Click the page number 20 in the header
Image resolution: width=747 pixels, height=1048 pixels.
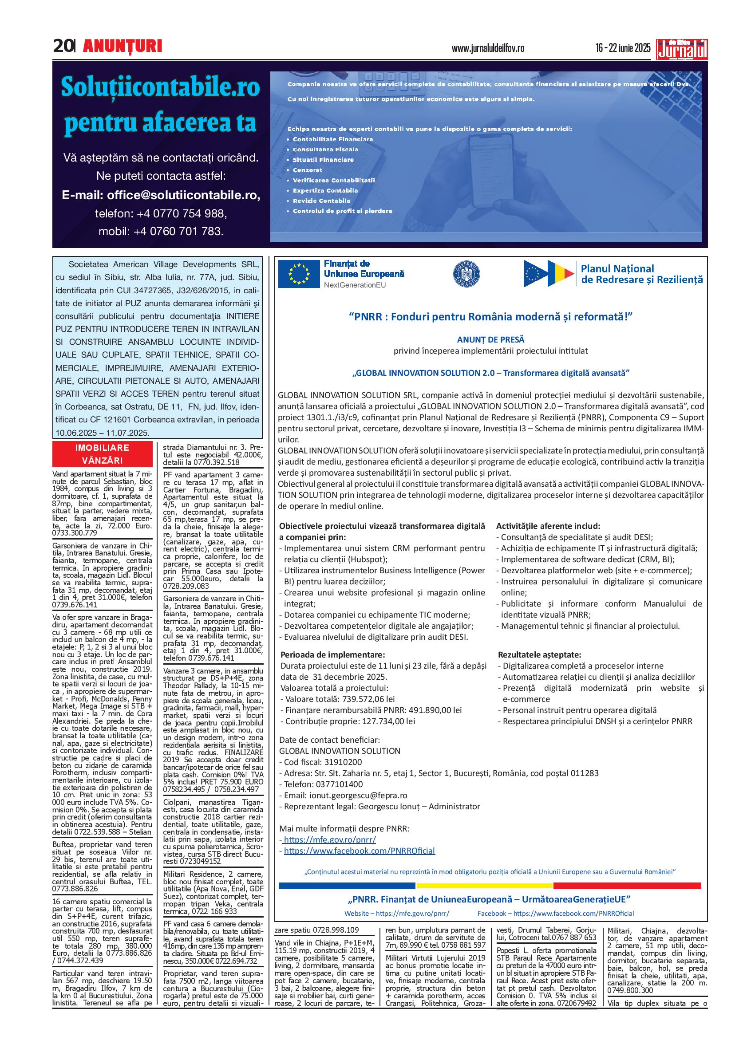[63, 46]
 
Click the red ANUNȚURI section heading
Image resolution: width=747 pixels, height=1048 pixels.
[123, 46]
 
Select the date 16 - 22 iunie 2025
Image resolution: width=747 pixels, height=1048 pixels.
[623, 48]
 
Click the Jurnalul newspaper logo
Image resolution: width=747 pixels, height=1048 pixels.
[682, 49]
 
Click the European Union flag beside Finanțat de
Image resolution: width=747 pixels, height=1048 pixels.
[299, 274]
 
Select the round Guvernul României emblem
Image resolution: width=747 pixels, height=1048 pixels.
[467, 274]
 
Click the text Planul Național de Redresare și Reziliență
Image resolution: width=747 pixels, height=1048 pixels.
[642, 274]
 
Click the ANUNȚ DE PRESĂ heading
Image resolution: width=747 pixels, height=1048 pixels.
[490, 340]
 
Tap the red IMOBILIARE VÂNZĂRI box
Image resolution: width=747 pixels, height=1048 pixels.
[102, 454]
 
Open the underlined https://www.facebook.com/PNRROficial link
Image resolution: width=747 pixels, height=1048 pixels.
[359, 851]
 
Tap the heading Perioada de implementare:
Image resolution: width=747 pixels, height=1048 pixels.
[332, 655]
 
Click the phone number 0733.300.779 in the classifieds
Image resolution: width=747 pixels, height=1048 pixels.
[75, 533]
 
